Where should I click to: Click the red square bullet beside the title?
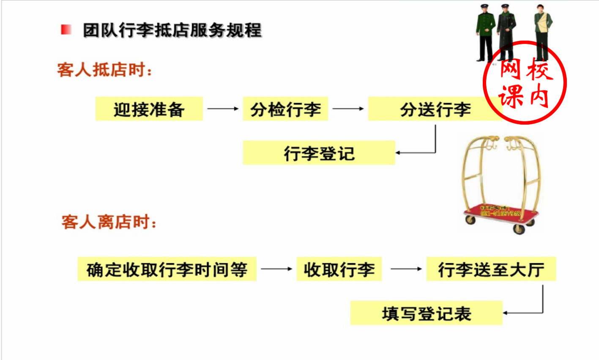66,30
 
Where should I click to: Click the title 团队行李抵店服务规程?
172,30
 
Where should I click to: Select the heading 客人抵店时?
104,70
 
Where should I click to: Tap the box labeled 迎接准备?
149,109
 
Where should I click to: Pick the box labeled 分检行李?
285,109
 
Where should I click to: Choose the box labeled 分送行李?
435,109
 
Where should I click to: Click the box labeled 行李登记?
319,153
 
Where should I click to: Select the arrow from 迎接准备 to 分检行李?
223,109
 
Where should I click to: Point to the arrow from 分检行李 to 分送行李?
348,109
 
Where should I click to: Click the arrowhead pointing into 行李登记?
398,153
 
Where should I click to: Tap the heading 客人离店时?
109,222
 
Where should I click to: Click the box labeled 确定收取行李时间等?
167,269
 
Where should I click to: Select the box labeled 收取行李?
339,269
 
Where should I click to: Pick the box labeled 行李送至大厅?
491,269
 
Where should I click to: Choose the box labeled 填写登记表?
426,313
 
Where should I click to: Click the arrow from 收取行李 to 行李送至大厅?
406,269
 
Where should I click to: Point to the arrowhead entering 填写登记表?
506,313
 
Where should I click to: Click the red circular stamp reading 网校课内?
525,82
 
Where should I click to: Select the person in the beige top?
542,30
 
